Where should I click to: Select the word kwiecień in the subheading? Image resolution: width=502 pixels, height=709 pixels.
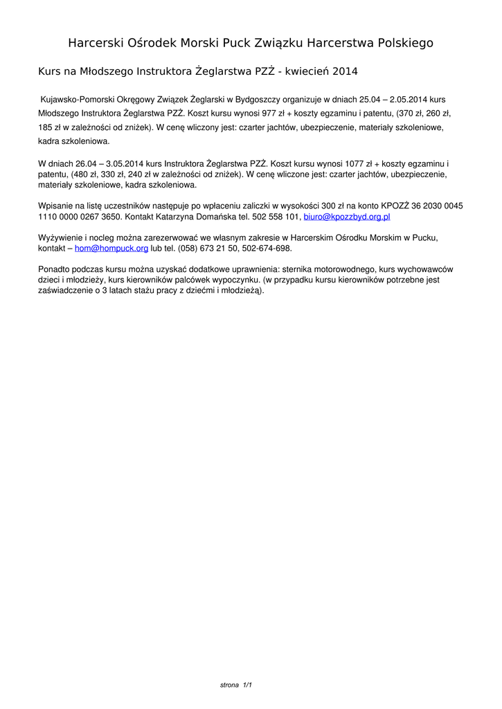[306, 71]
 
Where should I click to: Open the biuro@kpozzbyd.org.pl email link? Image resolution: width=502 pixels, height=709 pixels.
[347, 217]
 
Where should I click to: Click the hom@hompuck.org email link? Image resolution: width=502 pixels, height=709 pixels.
[111, 248]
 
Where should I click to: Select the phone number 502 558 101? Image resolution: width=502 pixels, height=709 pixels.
[275, 217]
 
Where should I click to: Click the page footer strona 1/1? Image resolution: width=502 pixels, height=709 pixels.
[236, 685]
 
